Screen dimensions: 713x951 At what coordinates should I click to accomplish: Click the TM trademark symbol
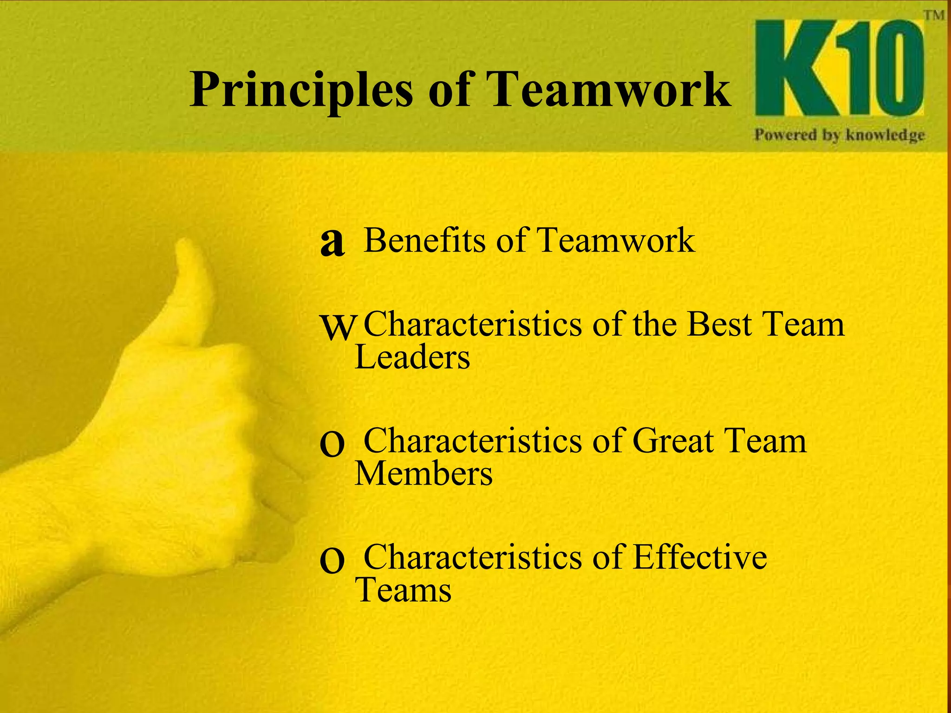pyautogui.click(x=934, y=15)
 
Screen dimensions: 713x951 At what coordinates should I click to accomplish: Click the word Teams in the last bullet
pyautogui.click(x=403, y=590)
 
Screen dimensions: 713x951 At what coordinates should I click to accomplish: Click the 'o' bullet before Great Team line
pyautogui.click(x=332, y=445)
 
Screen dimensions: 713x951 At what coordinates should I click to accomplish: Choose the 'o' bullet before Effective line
pyautogui.click(x=332, y=561)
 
